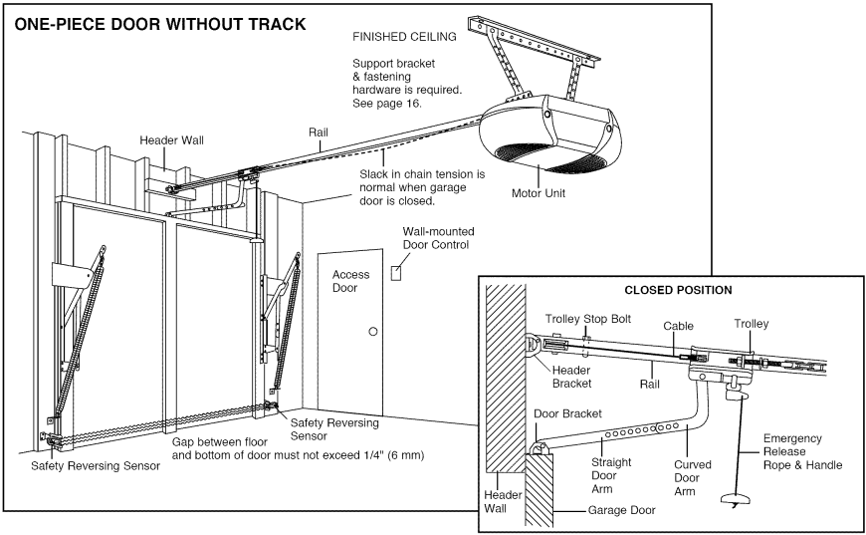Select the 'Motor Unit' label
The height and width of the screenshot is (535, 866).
(538, 194)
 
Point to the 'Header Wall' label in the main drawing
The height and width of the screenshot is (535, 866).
(171, 140)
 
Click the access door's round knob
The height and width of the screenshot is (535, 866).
(373, 331)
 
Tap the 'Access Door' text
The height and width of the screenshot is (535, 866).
(350, 281)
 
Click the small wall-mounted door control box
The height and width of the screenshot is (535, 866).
(398, 270)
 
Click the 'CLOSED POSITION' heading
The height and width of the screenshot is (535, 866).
(677, 291)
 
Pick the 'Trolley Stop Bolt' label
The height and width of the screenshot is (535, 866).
(585, 319)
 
